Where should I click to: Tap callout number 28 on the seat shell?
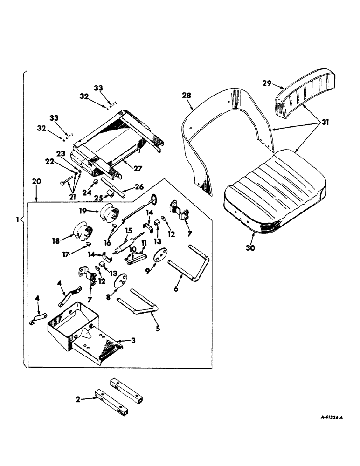pos(187,96)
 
